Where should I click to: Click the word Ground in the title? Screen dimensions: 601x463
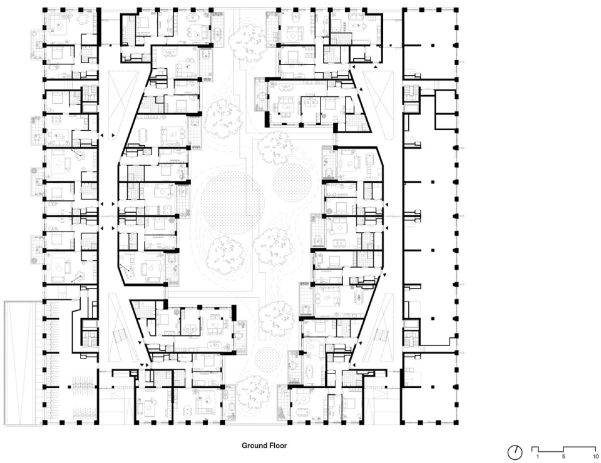254,445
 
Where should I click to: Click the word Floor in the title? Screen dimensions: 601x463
277,445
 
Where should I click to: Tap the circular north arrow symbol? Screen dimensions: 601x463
515,452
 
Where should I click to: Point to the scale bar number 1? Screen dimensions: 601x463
537,457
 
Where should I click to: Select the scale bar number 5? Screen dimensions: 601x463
563,457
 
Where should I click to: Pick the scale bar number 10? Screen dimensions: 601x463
595,457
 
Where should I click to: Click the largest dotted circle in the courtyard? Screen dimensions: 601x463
232,203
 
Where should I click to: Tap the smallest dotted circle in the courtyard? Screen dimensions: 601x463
268,360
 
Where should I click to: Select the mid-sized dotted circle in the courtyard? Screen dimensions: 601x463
292,183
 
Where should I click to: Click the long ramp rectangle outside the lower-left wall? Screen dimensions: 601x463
23,363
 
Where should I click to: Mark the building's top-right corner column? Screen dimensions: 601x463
456,9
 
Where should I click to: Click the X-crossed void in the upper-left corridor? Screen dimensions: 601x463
123,99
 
